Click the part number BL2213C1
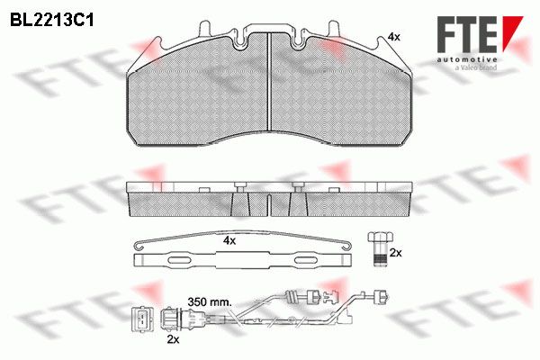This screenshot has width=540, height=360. coord(51,20)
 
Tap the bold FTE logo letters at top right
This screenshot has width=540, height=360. coord(466,34)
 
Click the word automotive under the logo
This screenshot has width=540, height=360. coord(466,59)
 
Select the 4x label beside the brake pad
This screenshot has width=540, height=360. coord(393,37)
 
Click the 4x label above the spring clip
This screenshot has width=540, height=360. coord(229,240)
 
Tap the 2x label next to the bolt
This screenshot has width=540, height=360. coord(395,253)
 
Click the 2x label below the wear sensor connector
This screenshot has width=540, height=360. coord(173,339)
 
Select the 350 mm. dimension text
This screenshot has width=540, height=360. coord(209,301)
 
